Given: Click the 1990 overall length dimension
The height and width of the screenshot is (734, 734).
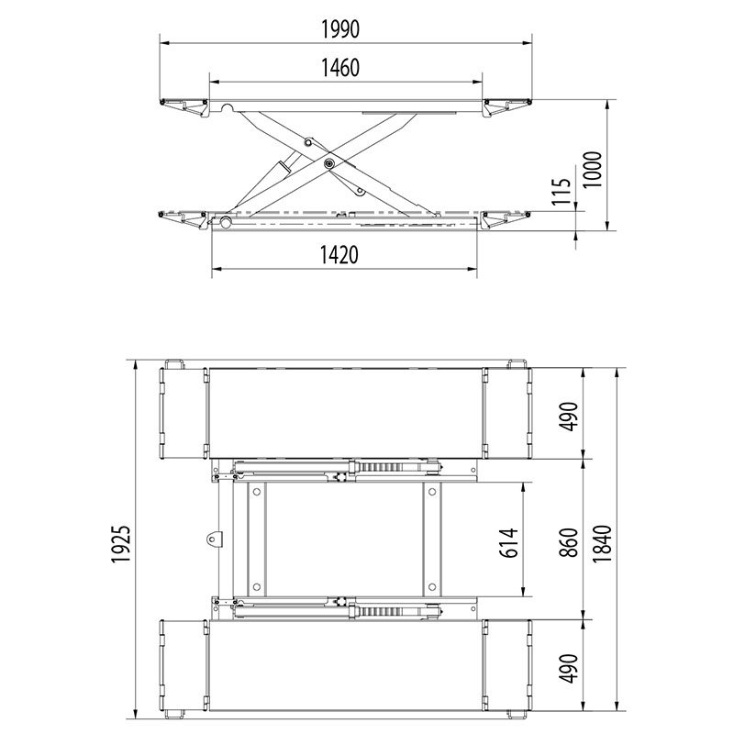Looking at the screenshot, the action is (340, 29).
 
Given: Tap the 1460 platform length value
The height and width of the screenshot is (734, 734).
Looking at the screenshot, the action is (340, 68).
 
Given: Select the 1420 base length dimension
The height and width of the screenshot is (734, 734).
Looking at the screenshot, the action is (339, 255).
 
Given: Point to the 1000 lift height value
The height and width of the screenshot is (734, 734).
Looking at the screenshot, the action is (592, 170).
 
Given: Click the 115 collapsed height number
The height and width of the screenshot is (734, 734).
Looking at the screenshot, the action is (561, 192).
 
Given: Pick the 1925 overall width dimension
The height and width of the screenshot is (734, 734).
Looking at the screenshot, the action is (120, 544).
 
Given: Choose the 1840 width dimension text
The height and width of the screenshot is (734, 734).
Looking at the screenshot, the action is (603, 543).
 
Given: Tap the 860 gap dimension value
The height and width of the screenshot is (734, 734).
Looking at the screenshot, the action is (569, 542).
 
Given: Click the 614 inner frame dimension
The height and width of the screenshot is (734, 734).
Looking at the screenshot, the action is (509, 542).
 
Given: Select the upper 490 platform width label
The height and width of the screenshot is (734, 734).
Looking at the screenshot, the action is (569, 417).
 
